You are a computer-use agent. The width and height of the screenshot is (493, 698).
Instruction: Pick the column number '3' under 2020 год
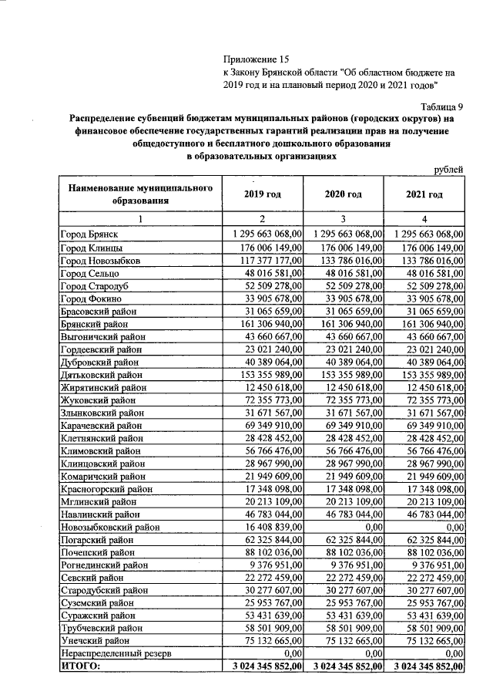click(344, 219)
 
